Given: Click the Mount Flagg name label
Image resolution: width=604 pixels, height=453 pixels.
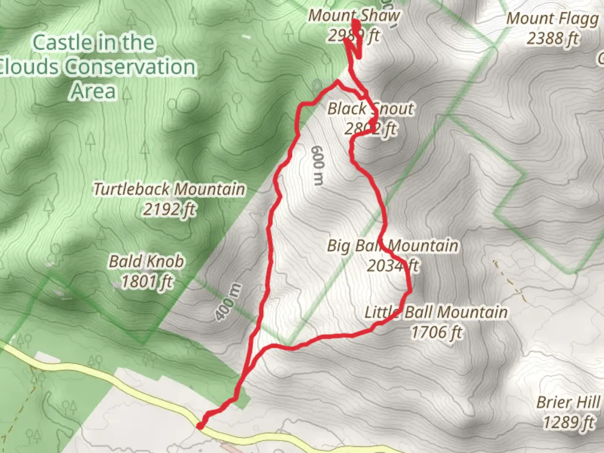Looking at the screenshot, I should tap(552, 19).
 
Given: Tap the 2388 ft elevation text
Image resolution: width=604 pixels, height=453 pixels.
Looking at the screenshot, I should tap(552, 39).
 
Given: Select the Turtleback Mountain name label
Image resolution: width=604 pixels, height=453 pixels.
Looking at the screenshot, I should tap(169, 189).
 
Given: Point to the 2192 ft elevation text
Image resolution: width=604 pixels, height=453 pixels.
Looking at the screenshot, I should tap(169, 209).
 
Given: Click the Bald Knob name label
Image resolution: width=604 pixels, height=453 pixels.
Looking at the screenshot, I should tap(146, 262).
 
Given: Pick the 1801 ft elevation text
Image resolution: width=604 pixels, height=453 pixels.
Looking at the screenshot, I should tap(146, 281).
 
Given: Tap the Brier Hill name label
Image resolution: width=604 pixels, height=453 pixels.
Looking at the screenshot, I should tap(568, 402).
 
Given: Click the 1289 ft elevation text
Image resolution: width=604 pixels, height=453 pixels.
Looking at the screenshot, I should tap(569, 422).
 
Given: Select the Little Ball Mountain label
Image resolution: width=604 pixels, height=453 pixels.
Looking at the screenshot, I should tap(436, 312).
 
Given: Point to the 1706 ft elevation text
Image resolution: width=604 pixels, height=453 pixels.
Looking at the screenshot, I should tap(436, 332).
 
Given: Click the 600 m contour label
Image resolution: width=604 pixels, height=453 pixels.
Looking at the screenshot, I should tap(318, 165).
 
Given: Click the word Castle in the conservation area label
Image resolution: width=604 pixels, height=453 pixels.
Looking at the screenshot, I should tap(62, 43).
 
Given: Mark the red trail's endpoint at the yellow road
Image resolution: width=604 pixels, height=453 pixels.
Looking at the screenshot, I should tap(200, 426).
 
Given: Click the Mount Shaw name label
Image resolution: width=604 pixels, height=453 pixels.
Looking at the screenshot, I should tap(354, 16).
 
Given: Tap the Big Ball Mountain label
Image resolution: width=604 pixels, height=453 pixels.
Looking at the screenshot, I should tap(392, 246).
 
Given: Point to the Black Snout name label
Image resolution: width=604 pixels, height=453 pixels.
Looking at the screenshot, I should tap(370, 109).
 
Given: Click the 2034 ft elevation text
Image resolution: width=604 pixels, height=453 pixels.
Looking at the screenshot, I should tap(393, 266).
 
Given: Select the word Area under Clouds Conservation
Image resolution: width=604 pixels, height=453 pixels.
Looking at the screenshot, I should tap(93, 91).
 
